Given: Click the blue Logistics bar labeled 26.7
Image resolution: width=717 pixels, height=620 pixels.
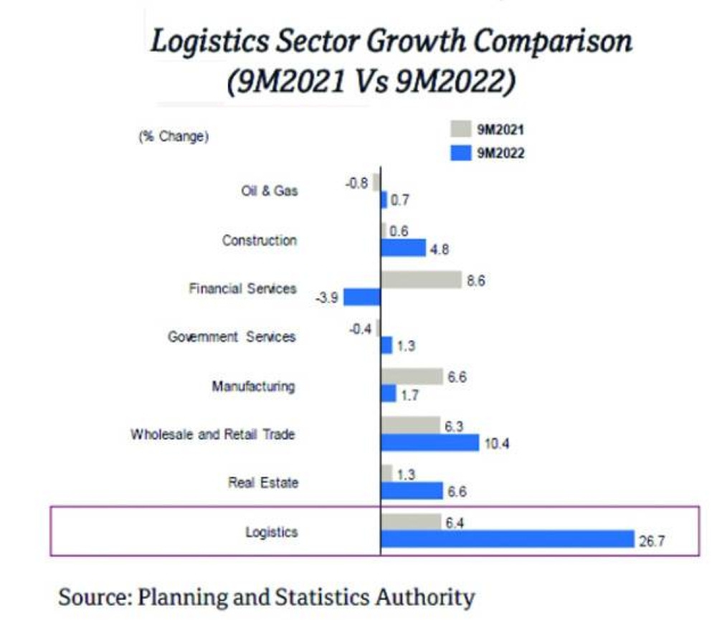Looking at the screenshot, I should tap(507, 539).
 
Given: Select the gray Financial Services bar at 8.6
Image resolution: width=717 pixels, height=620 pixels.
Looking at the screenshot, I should tap(421, 279).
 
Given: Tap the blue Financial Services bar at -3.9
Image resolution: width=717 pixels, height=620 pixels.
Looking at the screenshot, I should tap(362, 297).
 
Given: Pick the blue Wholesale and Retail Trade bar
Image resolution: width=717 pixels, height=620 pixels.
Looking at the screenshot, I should tap(429, 443).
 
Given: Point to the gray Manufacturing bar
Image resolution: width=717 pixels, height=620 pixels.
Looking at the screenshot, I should tap(412, 376).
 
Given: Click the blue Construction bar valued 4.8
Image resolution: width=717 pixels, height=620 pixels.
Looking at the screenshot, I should tap(403, 247).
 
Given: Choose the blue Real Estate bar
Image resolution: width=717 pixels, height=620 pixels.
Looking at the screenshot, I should tap(412, 490).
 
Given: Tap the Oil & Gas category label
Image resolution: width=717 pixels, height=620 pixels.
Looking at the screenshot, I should tap(270, 191).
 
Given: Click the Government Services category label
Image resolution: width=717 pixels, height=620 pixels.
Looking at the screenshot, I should tap(231, 337).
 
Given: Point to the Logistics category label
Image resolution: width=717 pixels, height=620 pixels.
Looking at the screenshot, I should tap(272, 532).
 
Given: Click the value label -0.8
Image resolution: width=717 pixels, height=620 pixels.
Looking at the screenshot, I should tap(356, 183).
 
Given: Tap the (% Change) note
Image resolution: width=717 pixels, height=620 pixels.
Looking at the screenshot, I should tap(173, 137).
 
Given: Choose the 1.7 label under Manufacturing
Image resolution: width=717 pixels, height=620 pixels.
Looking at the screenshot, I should tap(411, 395).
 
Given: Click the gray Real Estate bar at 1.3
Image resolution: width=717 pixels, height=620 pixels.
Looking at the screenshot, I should tap(386, 473).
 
